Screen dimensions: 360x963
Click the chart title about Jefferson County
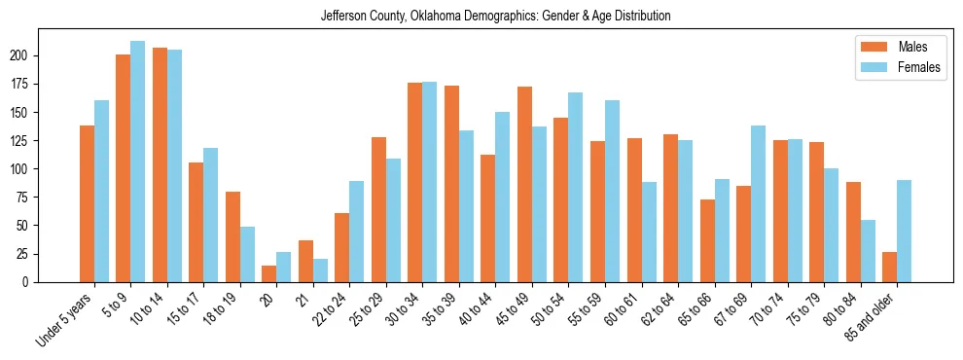(495, 17)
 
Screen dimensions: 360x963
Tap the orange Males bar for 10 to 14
(160, 165)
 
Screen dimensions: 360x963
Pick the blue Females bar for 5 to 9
(137, 162)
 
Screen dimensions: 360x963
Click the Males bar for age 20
(269, 273)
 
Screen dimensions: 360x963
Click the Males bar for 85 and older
(889, 267)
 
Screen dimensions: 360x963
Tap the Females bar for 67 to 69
(758, 203)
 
